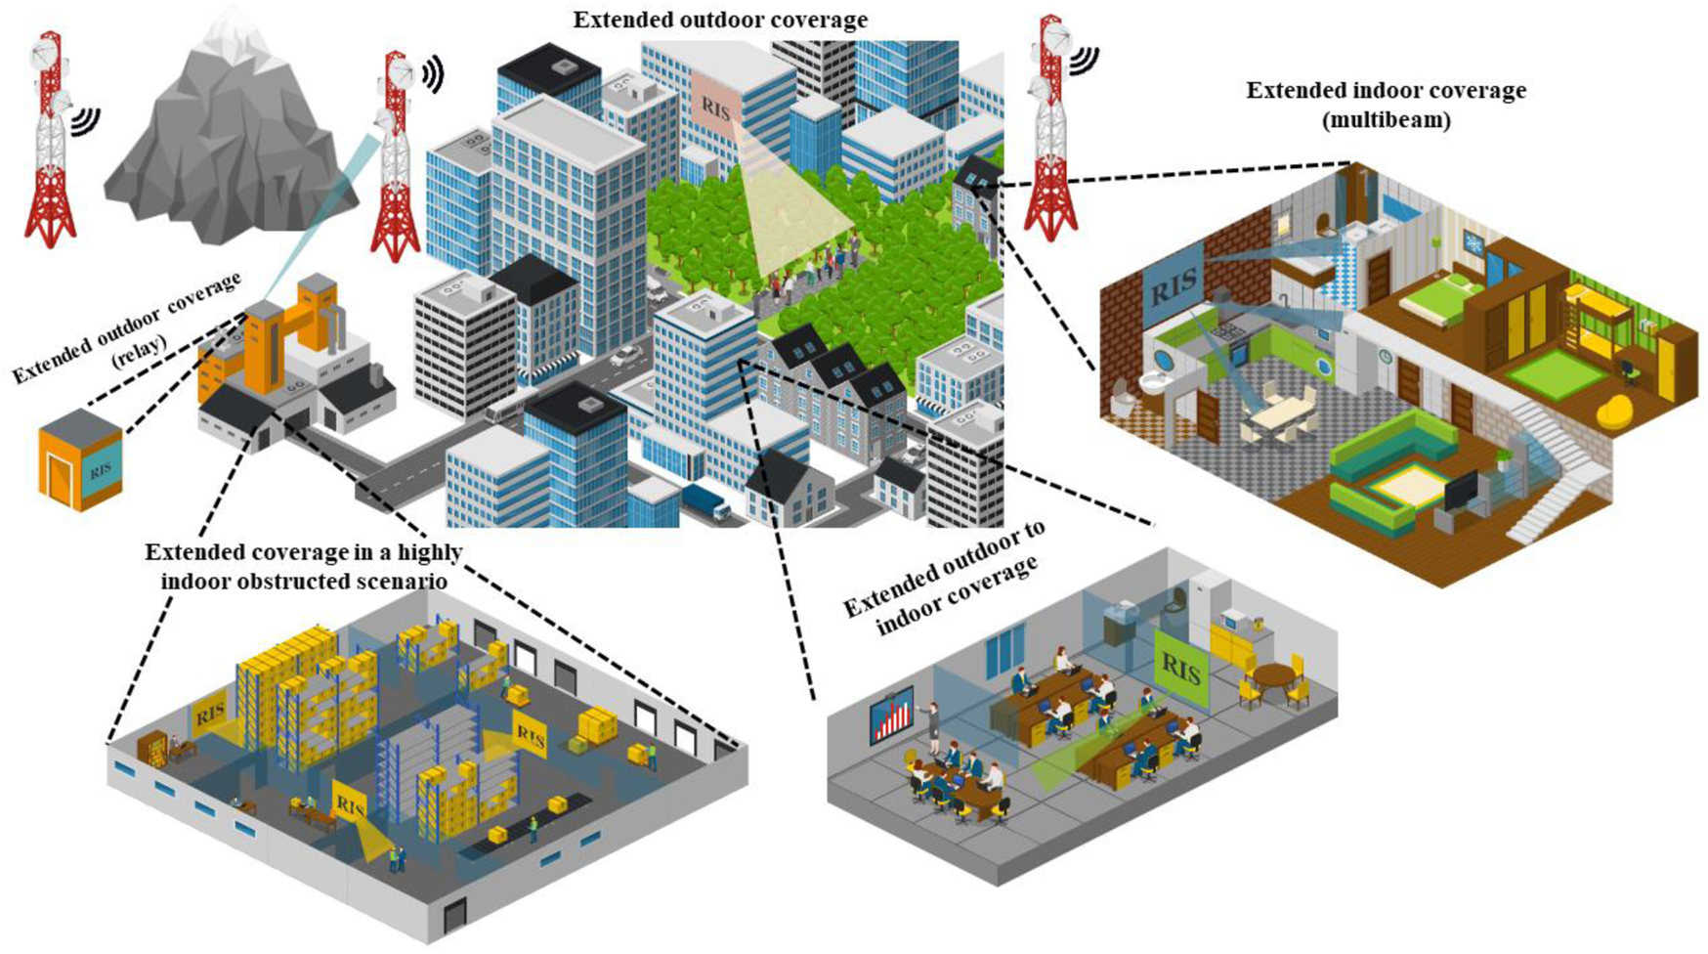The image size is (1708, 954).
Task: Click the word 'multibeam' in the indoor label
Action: (1386, 120)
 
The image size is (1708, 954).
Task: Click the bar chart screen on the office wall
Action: (890, 715)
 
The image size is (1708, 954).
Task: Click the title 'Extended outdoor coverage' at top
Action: (720, 20)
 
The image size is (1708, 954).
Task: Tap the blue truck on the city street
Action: (705, 501)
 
